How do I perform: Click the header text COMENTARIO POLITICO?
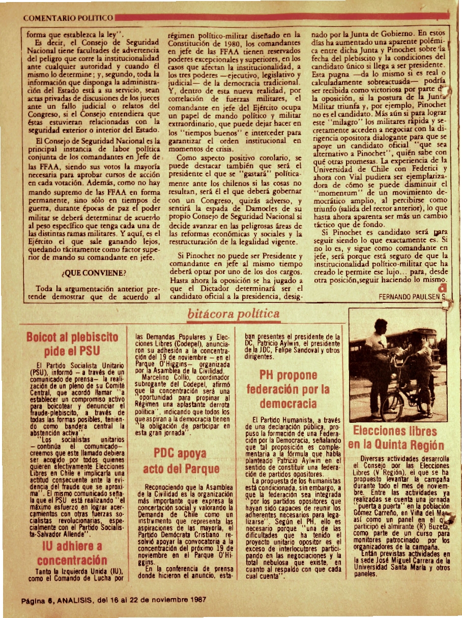(68, 18)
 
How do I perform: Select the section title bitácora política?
(234, 314)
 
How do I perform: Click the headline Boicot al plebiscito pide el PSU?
(72, 344)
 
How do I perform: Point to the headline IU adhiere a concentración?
(72, 553)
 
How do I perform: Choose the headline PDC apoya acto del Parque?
(181, 460)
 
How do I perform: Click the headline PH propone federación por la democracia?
(288, 390)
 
